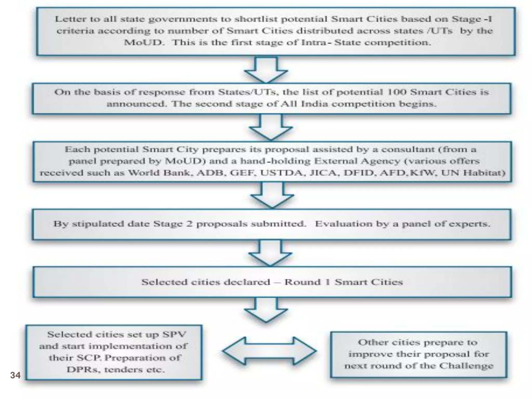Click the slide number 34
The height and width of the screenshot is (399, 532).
click(x=15, y=375)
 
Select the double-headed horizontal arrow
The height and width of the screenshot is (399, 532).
click(x=269, y=351)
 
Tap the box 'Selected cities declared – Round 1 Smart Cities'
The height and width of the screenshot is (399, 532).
click(x=272, y=282)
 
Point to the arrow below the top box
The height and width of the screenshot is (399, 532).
click(x=266, y=70)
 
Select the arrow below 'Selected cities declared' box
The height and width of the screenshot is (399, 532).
click(x=266, y=310)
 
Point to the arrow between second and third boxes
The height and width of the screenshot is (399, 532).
click(x=271, y=128)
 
